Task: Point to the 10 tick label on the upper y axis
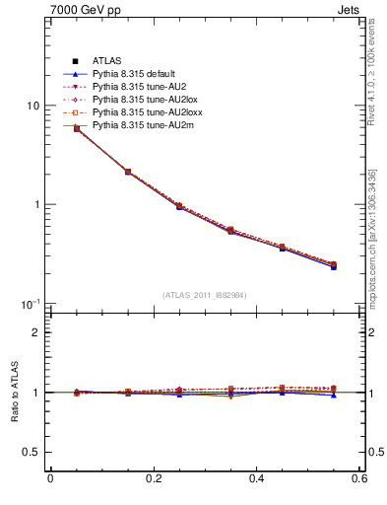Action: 32,106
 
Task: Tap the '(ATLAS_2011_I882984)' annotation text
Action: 205,295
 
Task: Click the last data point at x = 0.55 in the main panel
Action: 334,265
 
